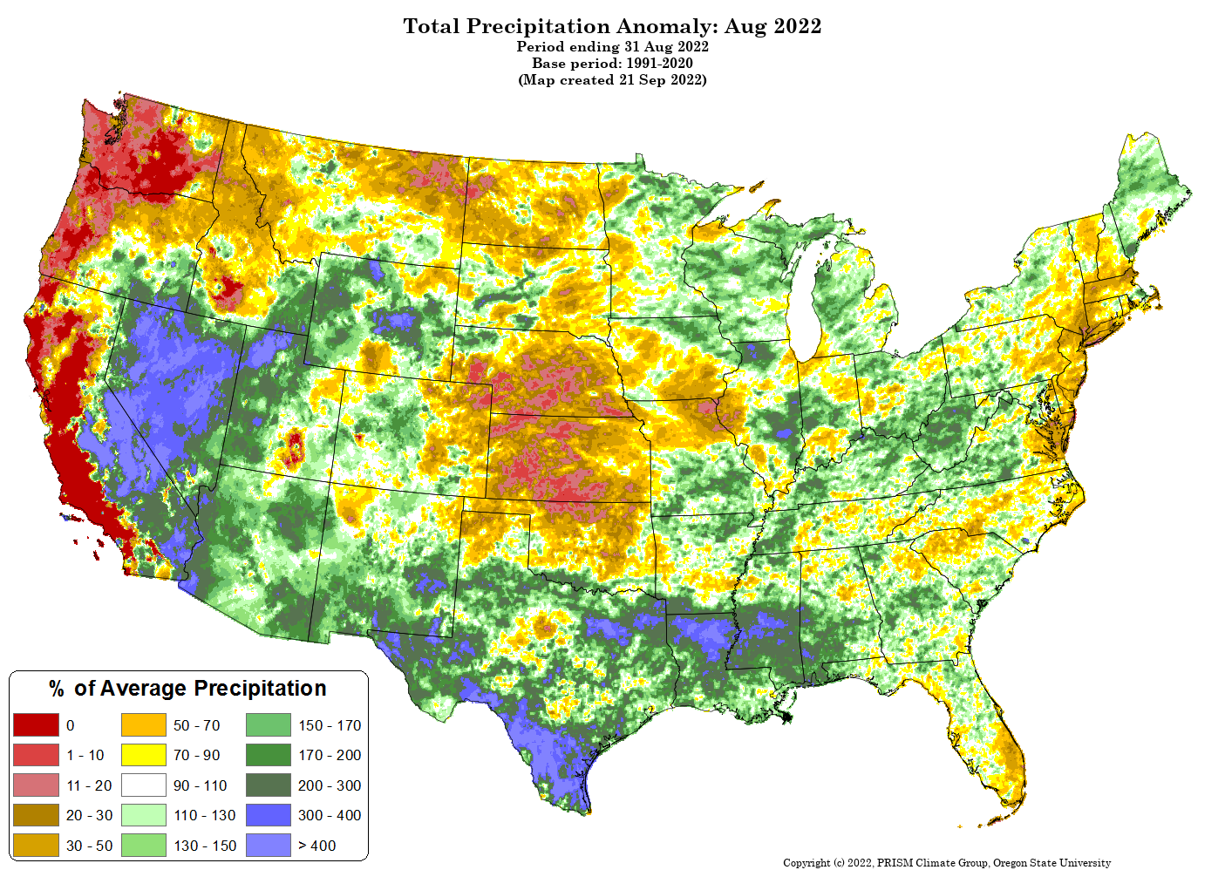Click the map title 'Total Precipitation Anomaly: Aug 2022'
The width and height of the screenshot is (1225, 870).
click(612, 26)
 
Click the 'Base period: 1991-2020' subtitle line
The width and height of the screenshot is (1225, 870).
click(612, 64)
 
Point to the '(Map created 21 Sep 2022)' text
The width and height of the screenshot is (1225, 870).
click(612, 80)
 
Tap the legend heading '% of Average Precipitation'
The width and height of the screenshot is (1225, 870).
click(187, 689)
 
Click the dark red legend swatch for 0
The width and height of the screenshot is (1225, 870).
click(36, 725)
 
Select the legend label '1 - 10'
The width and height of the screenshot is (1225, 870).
click(85, 755)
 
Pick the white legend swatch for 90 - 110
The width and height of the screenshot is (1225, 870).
click(143, 785)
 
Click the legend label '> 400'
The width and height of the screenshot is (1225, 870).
click(316, 846)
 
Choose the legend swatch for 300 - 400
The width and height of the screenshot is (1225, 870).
click(268, 815)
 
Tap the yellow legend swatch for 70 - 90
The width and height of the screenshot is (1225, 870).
click(143, 755)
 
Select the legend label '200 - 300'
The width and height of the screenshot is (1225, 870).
click(330, 785)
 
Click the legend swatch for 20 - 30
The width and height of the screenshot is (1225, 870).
click(36, 815)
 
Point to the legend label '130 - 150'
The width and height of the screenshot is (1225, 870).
click(205, 846)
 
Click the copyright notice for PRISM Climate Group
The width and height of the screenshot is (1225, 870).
click(947, 863)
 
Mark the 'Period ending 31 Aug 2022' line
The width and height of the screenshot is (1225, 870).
click(612, 46)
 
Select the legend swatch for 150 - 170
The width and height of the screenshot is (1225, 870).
click(268, 725)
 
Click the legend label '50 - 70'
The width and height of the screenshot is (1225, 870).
click(196, 725)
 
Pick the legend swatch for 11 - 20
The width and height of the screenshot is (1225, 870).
click(36, 785)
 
